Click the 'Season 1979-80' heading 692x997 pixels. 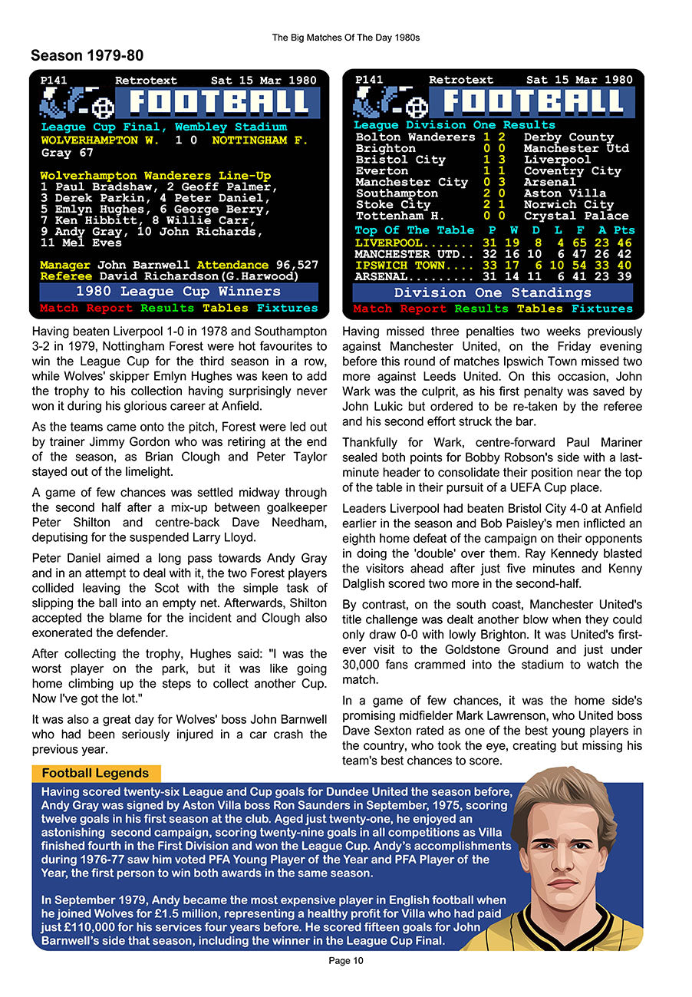87,56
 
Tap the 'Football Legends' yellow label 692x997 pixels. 95,774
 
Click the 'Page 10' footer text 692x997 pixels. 345,961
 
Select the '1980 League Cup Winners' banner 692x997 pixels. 179,292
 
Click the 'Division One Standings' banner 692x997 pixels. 493,292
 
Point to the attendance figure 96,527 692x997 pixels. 296,265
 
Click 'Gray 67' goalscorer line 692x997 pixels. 68,153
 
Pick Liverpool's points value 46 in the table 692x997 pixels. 624,243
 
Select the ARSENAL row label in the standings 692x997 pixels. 381,276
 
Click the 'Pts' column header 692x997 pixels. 624,230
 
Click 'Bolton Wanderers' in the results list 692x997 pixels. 415,137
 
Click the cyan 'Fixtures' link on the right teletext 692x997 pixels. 602,309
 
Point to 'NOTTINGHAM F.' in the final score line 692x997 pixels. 259,140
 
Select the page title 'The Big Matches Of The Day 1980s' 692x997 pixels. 345,38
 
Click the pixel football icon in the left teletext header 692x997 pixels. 102,107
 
